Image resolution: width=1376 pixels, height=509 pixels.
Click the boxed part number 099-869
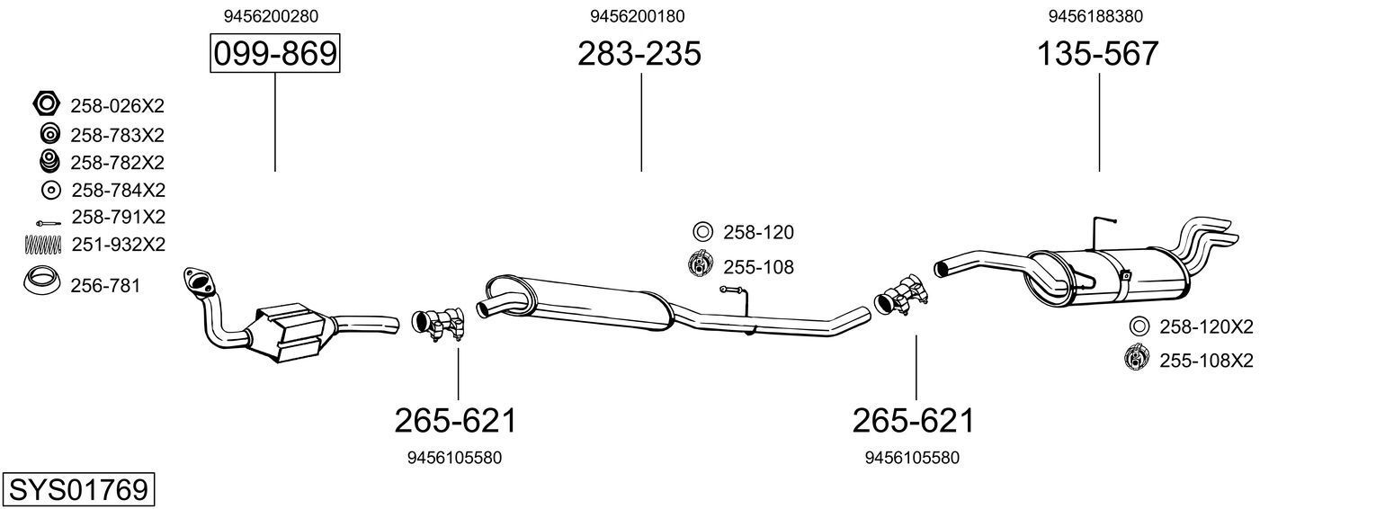point(274,55)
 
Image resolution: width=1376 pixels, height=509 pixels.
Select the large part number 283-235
point(639,55)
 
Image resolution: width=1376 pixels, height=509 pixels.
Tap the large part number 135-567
point(1098,55)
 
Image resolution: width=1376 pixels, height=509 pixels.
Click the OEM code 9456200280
point(271,16)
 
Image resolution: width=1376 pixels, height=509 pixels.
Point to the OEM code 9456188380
point(1096,16)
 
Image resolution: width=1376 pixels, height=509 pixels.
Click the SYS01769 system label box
point(77,490)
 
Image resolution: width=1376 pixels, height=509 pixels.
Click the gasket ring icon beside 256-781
point(41,283)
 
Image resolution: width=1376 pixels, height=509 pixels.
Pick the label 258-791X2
point(118,218)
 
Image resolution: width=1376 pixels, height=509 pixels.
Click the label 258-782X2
point(117,163)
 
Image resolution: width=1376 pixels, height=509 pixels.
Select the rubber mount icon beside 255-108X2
point(1137,360)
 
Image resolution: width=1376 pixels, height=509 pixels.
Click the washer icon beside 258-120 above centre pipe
point(702,232)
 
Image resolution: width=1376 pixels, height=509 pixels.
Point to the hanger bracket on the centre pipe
point(737,298)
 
